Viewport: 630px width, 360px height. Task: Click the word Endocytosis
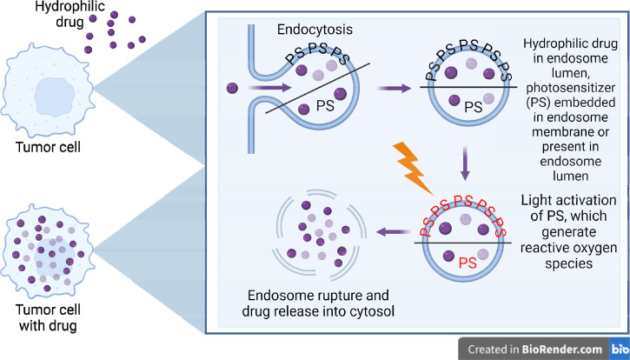point(315,30)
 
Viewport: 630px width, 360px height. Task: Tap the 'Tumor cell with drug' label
point(48,317)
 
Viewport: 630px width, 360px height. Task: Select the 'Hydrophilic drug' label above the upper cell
point(70,14)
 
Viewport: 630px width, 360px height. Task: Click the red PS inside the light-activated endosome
point(468,263)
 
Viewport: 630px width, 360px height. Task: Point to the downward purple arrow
point(465,163)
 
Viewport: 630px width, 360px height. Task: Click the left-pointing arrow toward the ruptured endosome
point(393,231)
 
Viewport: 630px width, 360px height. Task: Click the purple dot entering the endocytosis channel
point(232,88)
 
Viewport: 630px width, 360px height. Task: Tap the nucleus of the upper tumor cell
point(54,97)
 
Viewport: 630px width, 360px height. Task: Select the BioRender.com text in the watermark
point(561,350)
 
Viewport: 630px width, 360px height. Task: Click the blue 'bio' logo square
point(620,349)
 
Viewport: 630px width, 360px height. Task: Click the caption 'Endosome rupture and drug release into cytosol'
point(318,303)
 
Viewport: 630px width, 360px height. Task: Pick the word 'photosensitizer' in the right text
point(570,88)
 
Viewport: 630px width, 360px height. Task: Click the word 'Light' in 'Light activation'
point(536,200)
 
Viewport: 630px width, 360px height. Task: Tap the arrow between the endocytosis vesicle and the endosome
point(394,88)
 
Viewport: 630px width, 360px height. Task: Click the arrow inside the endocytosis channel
point(269,87)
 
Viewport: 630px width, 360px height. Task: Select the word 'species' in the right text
point(568,263)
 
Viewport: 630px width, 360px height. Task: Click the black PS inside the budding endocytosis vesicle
point(325,105)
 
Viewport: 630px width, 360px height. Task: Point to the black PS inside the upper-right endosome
point(474,107)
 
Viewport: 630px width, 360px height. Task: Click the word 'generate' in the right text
point(568,232)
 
